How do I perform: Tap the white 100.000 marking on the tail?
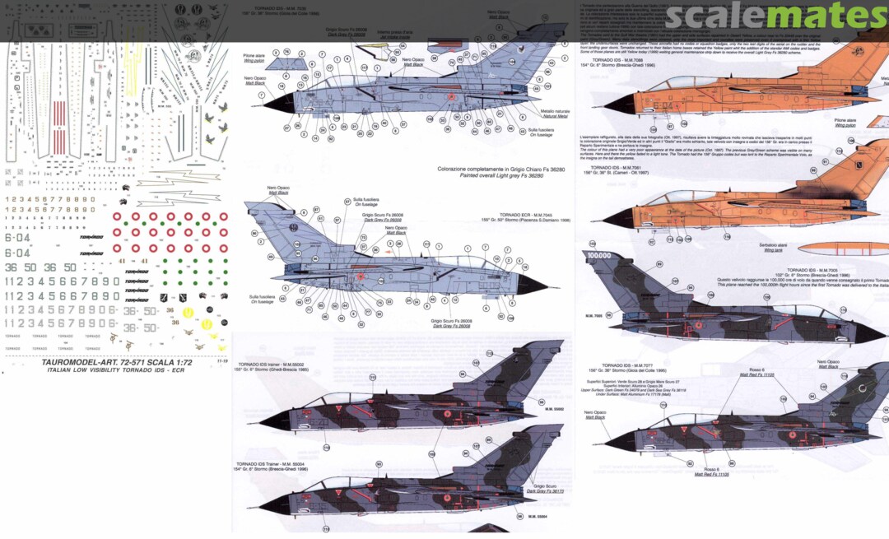click(602, 256)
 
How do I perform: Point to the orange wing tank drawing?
click(831, 248)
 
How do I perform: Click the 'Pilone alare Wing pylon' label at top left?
click(254, 58)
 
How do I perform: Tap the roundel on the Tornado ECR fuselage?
click(361, 277)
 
